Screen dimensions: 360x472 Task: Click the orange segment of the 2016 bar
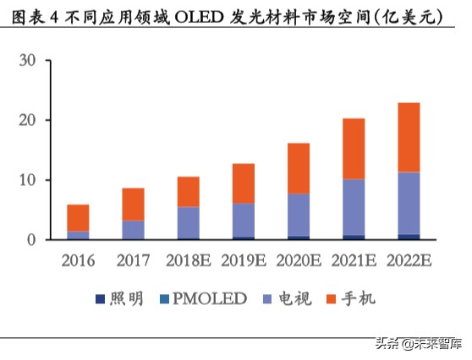(x=78, y=217)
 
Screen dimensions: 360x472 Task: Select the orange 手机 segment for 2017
(x=132, y=205)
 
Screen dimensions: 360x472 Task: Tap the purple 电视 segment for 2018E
(x=187, y=222)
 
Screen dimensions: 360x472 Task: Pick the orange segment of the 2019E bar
(x=243, y=183)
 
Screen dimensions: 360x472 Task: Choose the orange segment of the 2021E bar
(x=354, y=149)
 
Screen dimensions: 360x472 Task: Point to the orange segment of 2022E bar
(x=409, y=138)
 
